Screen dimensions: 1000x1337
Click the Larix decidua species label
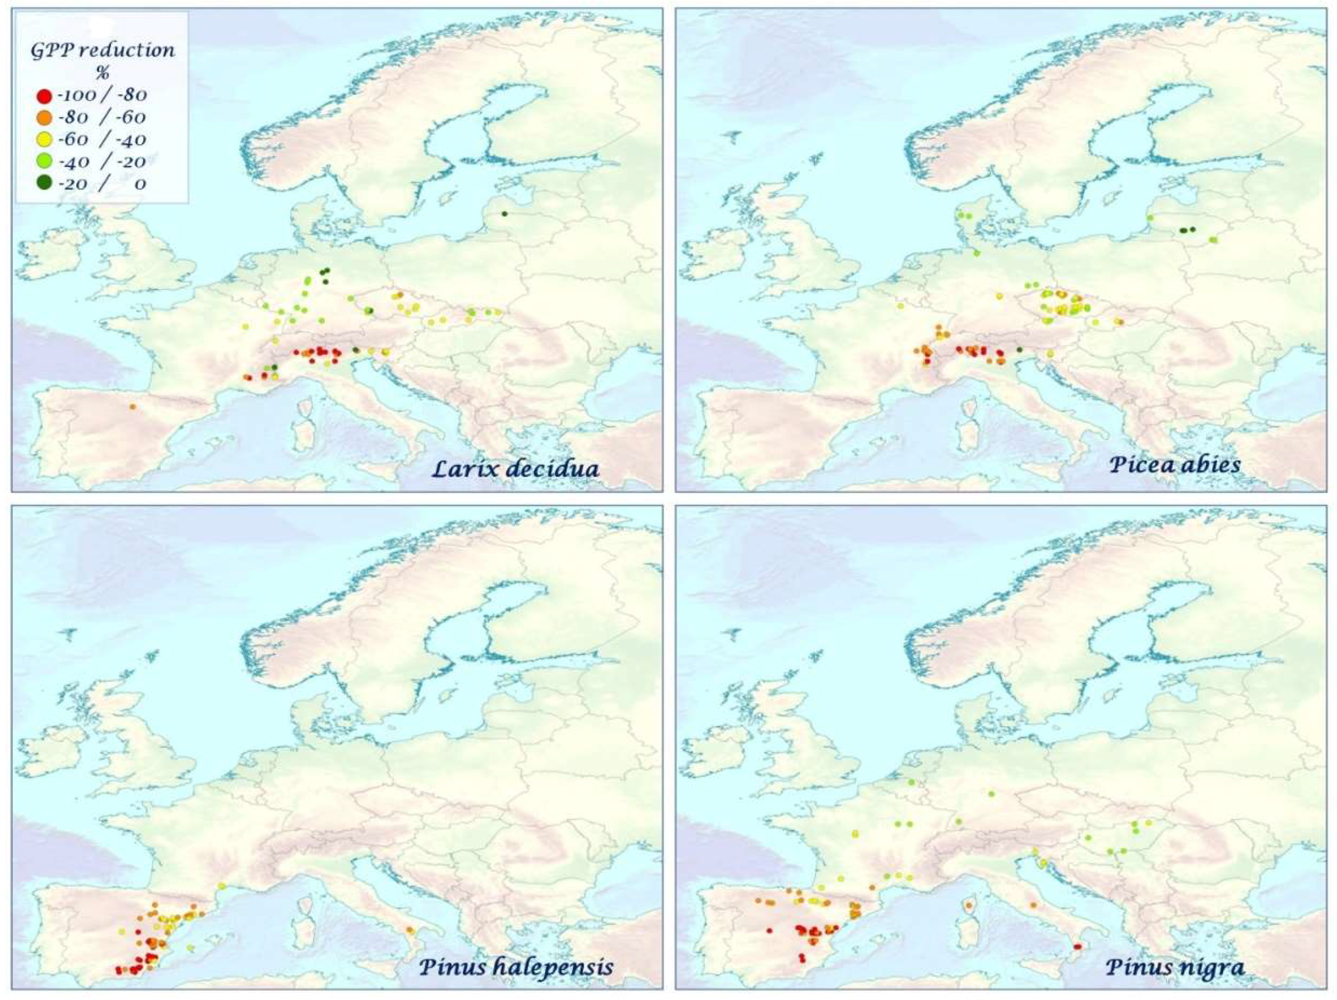click(515, 469)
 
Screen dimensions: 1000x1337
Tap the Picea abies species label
click(1174, 465)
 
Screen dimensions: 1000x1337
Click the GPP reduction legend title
click(103, 50)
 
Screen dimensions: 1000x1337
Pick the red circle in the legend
click(44, 96)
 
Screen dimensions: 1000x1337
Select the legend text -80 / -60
click(102, 117)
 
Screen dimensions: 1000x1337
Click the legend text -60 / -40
click(102, 140)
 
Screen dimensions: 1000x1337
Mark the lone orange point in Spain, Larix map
click(133, 407)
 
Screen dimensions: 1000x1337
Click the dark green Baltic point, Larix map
click(504, 213)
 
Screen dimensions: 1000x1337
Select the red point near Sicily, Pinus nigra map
click(1077, 947)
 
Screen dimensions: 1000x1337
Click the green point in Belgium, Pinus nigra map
click(912, 783)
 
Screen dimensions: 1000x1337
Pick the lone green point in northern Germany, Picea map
click(977, 253)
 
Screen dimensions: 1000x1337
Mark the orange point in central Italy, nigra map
click(1033, 905)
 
